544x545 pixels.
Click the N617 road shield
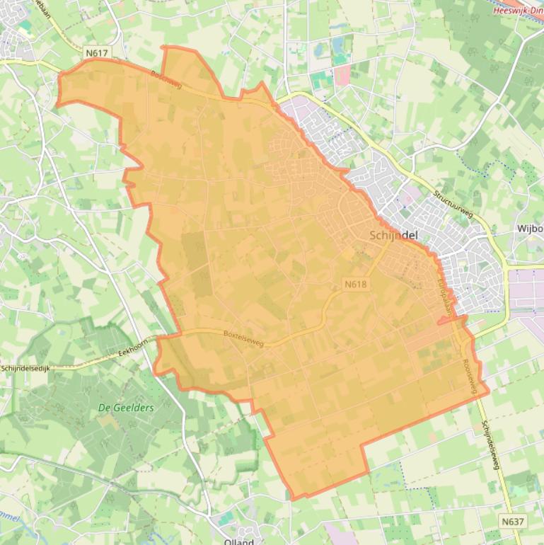point(97,53)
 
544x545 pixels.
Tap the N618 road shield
point(356,284)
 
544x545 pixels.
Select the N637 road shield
point(514,522)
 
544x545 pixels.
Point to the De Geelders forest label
point(126,408)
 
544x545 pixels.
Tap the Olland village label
point(238,541)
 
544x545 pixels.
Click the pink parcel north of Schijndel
point(342,75)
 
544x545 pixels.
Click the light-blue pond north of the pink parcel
point(340,46)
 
